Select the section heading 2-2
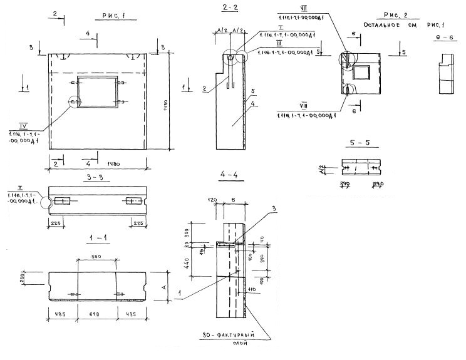tap(229, 8)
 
